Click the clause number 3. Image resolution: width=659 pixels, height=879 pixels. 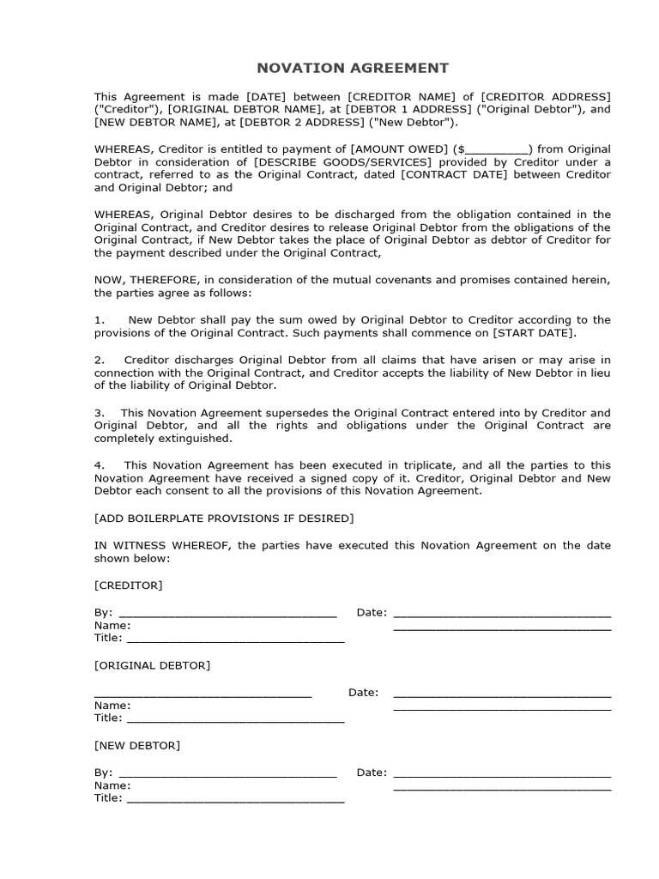[99, 413]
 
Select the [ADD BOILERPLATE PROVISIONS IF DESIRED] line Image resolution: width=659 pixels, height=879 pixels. [223, 518]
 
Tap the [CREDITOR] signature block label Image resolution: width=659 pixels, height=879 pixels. [128, 585]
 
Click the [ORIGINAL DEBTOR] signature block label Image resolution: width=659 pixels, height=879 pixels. [152, 665]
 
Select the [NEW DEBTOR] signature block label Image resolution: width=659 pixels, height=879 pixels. [137, 745]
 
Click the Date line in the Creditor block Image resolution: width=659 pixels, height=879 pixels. [502, 614]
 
